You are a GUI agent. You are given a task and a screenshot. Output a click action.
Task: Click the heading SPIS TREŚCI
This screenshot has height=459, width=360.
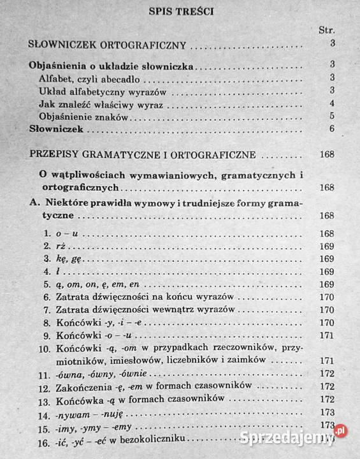180,10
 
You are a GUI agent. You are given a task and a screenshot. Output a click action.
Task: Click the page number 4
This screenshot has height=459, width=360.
333,104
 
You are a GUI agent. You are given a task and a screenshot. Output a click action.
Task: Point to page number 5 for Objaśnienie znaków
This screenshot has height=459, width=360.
333,116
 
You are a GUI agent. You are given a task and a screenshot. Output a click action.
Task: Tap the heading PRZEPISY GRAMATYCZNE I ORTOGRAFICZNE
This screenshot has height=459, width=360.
143,156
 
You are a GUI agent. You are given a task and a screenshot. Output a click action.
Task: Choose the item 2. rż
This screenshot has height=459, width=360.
52,246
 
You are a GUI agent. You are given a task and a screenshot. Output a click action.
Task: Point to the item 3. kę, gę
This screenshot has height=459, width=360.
60,259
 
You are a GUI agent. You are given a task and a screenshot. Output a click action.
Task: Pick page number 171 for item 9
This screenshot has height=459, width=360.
328,335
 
